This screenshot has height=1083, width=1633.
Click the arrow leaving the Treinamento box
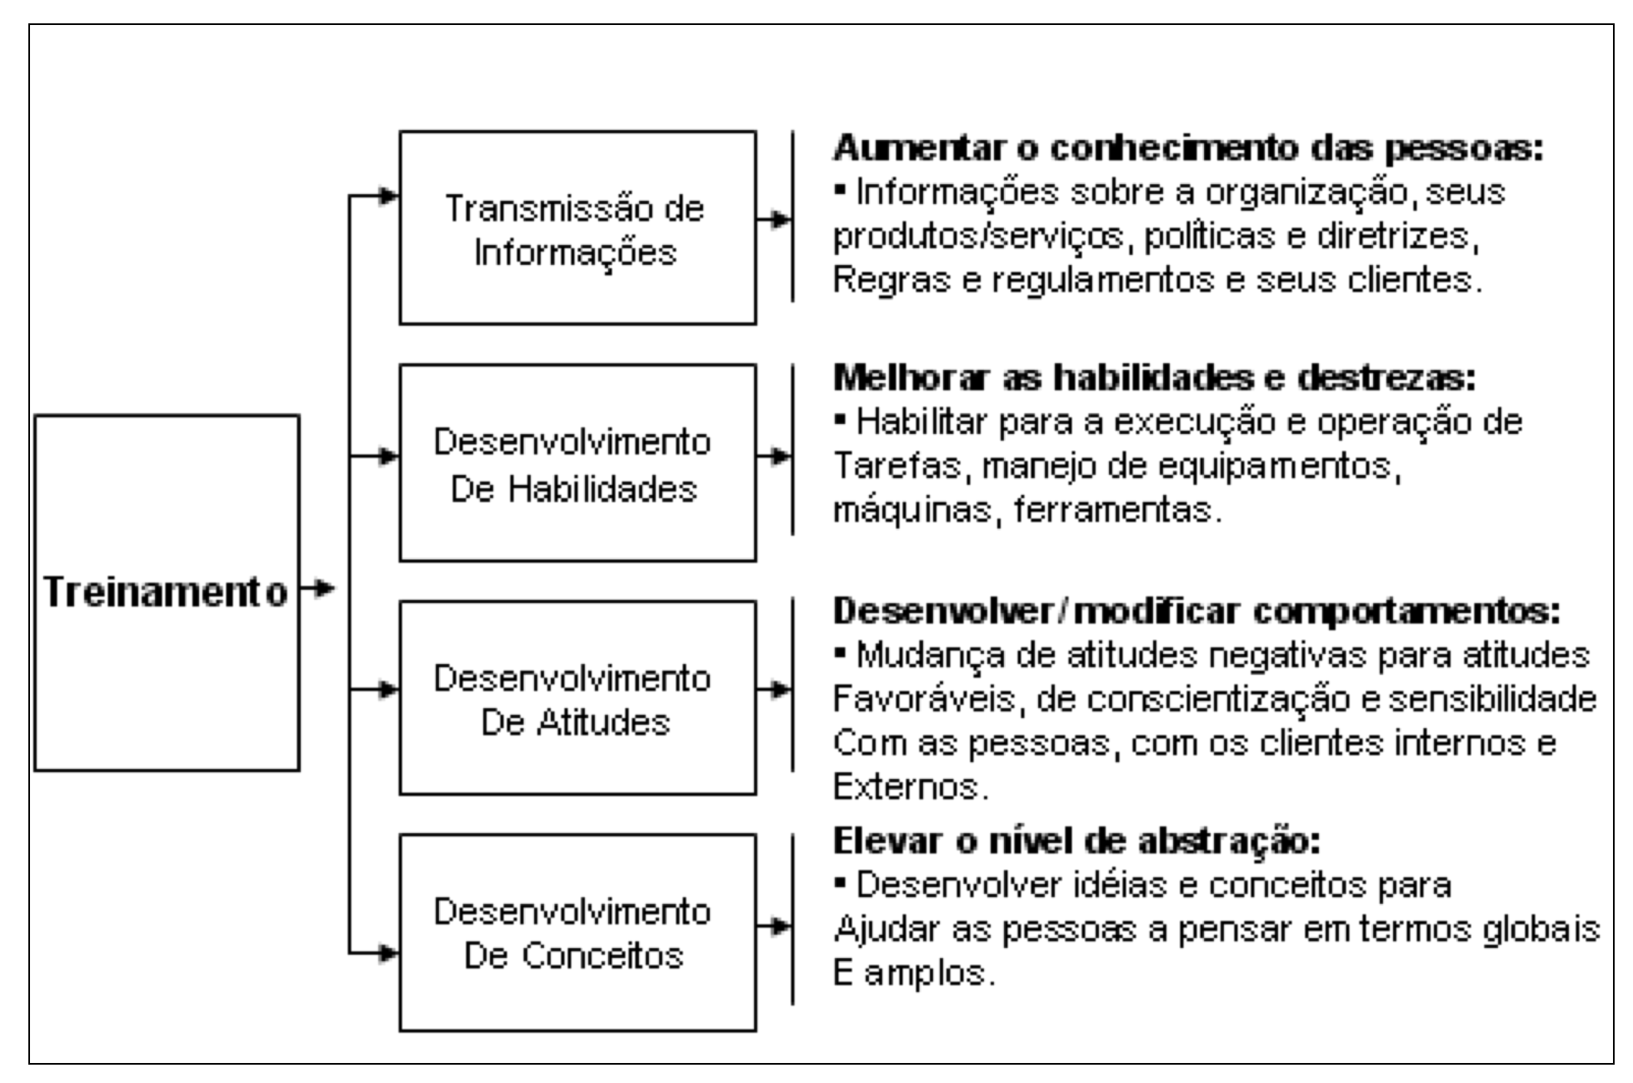click(317, 589)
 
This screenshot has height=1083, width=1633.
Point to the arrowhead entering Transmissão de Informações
click(388, 197)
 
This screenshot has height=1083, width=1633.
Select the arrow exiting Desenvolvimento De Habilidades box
click(773, 456)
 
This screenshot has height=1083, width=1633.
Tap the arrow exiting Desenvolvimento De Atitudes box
click(773, 689)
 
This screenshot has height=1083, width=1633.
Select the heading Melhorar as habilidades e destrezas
click(1154, 378)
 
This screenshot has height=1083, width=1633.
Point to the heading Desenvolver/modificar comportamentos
click(1196, 611)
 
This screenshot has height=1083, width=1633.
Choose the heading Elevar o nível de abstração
click(1076, 842)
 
